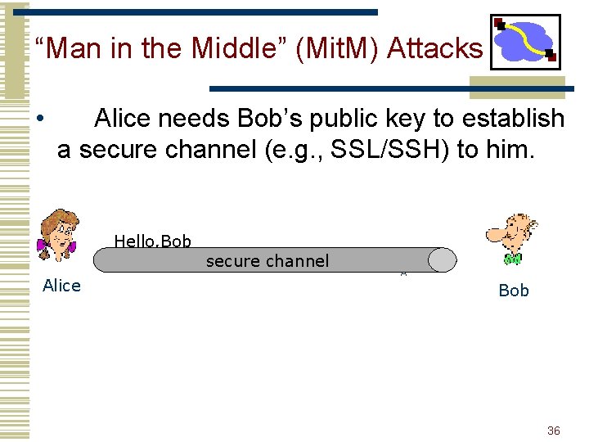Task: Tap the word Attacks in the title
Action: [x=434, y=49]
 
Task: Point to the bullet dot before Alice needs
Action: [x=40, y=120]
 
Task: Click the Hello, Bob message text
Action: [x=152, y=241]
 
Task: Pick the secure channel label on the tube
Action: [x=268, y=261]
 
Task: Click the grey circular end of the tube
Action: [x=443, y=260]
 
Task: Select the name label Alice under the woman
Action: [x=61, y=286]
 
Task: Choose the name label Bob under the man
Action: [x=514, y=291]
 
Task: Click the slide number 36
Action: [x=554, y=431]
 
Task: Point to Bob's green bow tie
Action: [x=513, y=259]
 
